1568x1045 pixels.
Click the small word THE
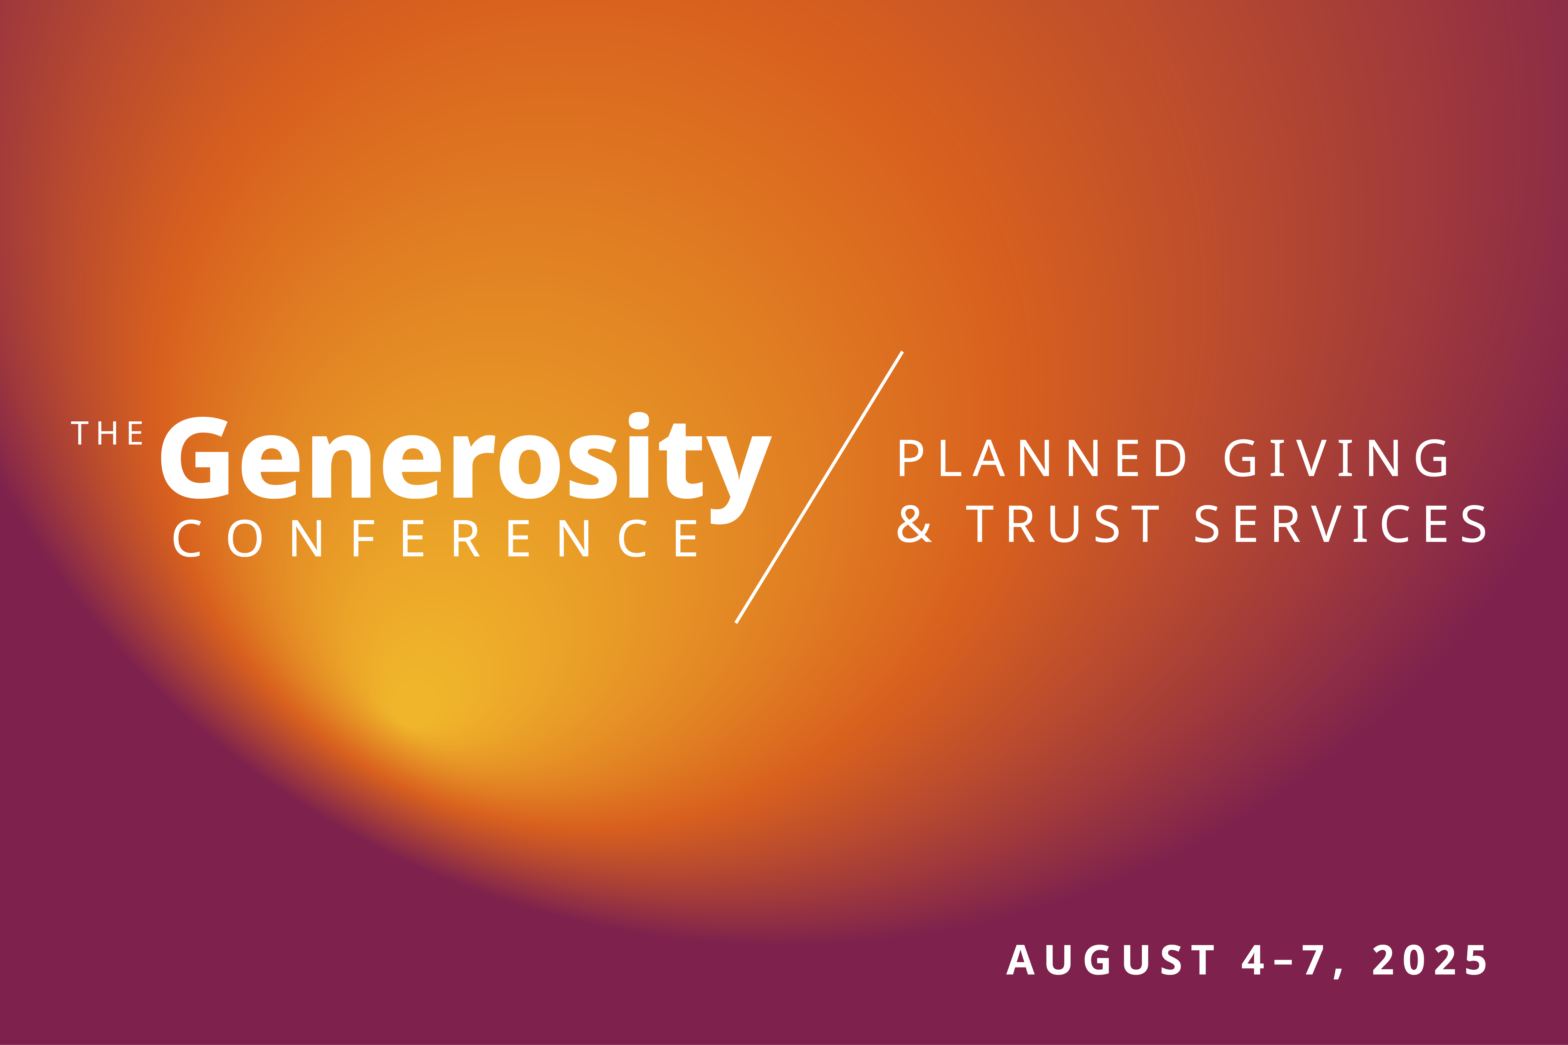[x=107, y=433]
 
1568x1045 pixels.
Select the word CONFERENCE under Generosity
[x=435, y=539]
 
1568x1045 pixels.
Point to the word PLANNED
[x=1042, y=458]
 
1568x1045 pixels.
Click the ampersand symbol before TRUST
[x=914, y=524]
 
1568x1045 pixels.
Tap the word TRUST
[x=1063, y=524]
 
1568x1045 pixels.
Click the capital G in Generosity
[x=195, y=458]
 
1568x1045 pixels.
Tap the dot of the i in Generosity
[x=639, y=421]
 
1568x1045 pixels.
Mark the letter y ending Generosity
[x=739, y=480]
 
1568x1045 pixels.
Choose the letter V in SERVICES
[x=1326, y=524]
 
